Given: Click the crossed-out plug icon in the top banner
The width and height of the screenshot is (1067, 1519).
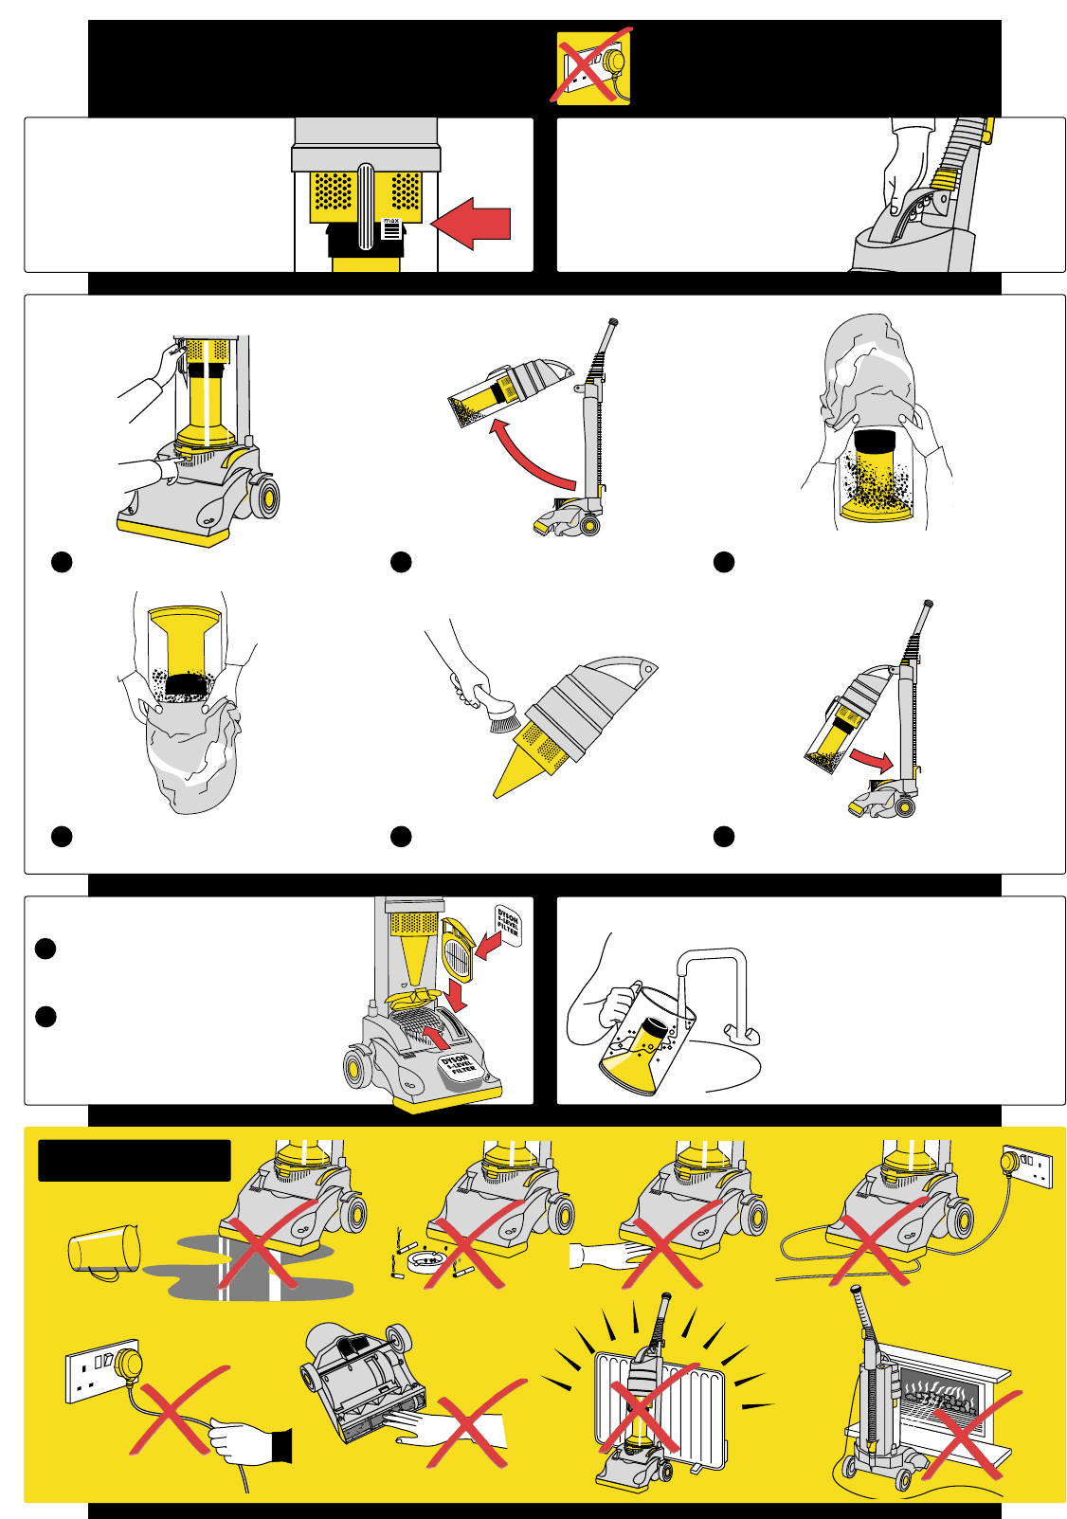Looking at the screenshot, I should click(x=593, y=66).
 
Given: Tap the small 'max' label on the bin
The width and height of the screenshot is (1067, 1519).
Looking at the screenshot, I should click(x=391, y=227).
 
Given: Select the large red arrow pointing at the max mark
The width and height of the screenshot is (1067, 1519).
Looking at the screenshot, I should click(x=472, y=224).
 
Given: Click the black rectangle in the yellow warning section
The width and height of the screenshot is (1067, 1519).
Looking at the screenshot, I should click(x=135, y=1161).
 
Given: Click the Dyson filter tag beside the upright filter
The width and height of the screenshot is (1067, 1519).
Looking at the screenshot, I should click(x=508, y=924).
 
